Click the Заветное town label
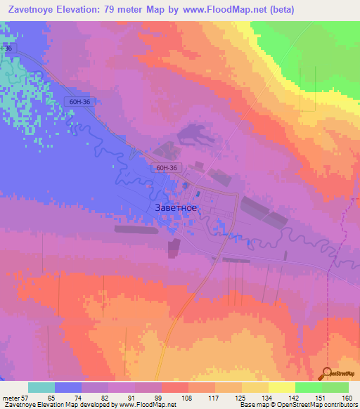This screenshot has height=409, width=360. click(x=175, y=208)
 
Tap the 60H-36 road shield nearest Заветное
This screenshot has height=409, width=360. click(x=167, y=167)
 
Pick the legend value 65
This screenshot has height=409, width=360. click(x=51, y=397)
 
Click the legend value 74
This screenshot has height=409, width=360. click(x=77, y=397)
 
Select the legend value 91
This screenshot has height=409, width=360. click(x=130, y=397)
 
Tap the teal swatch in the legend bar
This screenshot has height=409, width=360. click(x=41, y=387)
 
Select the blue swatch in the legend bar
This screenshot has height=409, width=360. click(x=68, y=387)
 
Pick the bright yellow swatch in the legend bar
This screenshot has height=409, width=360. click(x=281, y=387)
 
